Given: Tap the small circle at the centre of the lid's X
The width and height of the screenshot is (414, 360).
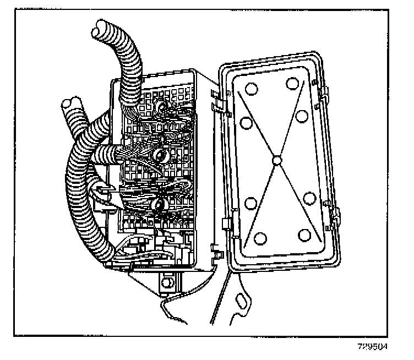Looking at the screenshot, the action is (276, 160).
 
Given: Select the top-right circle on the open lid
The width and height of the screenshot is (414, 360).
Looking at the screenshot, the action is (293, 84).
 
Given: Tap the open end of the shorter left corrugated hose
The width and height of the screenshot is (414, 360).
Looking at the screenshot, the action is (71, 104).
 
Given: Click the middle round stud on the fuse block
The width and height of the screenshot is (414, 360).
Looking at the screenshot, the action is (160, 156).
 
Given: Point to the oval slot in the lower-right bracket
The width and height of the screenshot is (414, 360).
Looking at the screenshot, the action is (241, 302).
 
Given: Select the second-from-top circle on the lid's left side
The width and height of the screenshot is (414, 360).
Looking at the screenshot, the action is (246, 122).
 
